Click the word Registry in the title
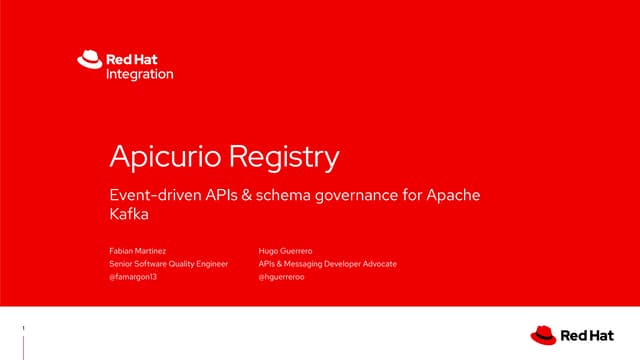coord(285,157)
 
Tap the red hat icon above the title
coord(89,61)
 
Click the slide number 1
coord(23,327)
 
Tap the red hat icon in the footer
coord(544,334)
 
